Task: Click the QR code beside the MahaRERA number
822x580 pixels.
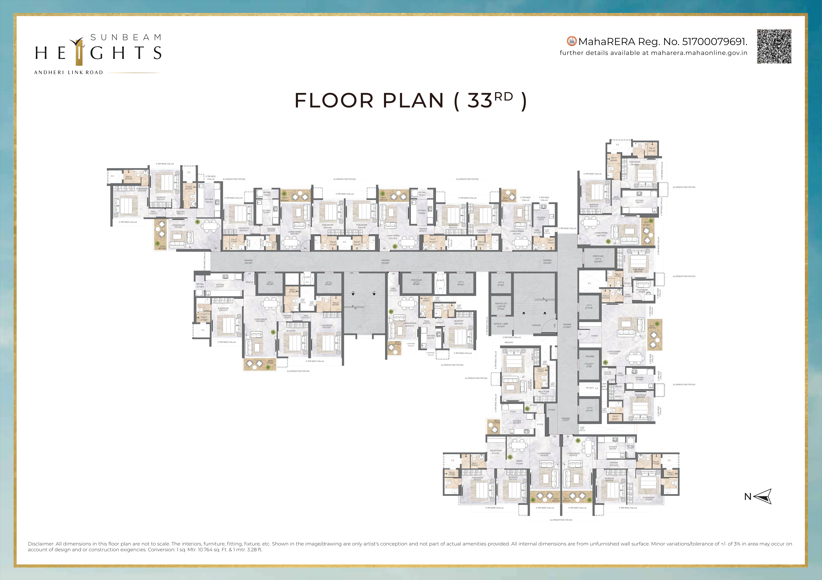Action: pyautogui.click(x=774, y=46)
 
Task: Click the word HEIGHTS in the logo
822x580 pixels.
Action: pyautogui.click(x=98, y=53)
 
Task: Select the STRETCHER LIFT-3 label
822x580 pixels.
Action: pyautogui.click(x=416, y=282)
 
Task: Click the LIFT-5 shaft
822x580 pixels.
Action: pyautogui.click(x=501, y=283)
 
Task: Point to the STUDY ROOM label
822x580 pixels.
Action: pyautogui.click(x=642, y=291)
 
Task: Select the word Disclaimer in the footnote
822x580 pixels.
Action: pyautogui.click(x=41, y=544)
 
